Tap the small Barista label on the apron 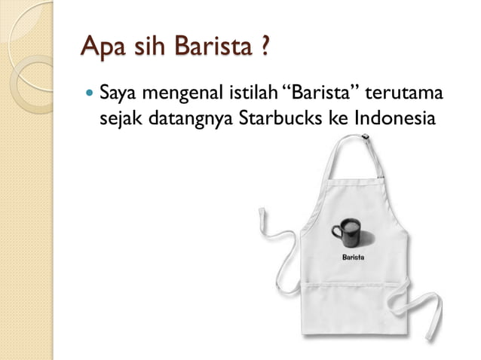[x=354, y=258]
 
